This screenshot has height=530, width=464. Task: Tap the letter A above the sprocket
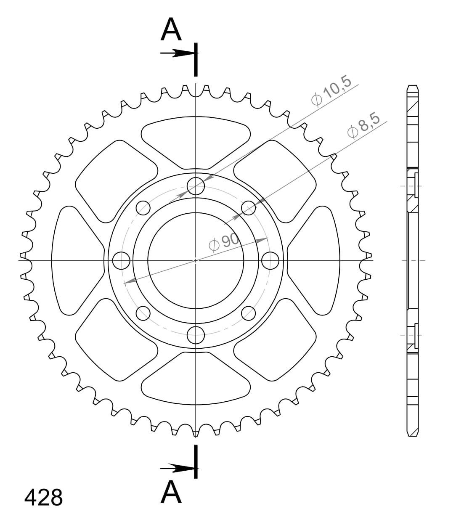171,29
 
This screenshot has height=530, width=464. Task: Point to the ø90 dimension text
223,242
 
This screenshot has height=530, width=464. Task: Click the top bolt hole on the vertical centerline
196,186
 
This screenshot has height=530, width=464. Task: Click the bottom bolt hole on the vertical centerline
196,335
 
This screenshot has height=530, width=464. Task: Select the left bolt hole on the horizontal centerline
121,260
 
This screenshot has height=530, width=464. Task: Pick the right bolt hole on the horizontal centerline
270,260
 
